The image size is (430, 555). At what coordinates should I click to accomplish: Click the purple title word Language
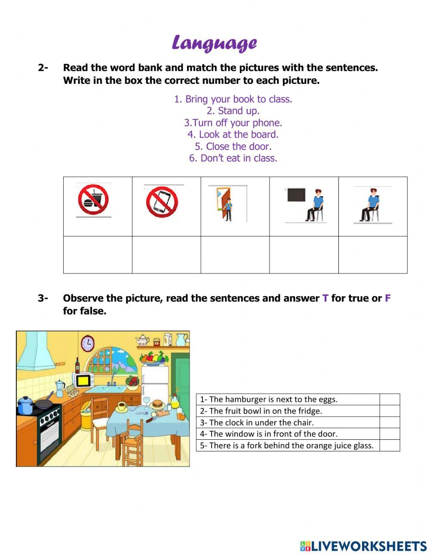click(x=214, y=43)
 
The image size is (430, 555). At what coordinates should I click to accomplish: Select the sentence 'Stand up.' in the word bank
click(x=233, y=111)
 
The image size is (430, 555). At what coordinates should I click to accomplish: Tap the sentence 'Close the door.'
click(x=233, y=146)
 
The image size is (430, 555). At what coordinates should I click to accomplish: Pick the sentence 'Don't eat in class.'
click(x=233, y=158)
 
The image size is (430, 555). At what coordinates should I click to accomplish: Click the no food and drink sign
click(x=93, y=200)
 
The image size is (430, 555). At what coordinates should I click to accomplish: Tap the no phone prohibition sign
click(x=162, y=202)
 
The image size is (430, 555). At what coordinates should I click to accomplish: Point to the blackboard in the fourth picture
click(x=296, y=195)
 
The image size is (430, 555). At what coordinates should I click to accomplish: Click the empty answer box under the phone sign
click(x=166, y=255)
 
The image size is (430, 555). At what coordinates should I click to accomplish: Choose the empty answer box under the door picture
click(x=235, y=255)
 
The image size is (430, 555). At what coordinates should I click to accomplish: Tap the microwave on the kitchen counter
click(x=85, y=380)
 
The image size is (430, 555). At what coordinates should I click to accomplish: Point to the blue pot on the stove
click(x=25, y=405)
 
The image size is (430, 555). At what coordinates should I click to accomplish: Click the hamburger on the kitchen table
click(x=158, y=404)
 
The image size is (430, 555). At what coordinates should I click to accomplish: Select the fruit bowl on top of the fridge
click(x=153, y=358)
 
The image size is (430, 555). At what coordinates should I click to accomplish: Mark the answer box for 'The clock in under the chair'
click(x=389, y=422)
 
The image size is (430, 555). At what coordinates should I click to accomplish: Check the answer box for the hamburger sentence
click(x=389, y=399)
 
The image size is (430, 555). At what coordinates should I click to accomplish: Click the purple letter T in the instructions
click(x=325, y=298)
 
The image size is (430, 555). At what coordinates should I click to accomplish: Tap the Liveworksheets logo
click(x=363, y=546)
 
